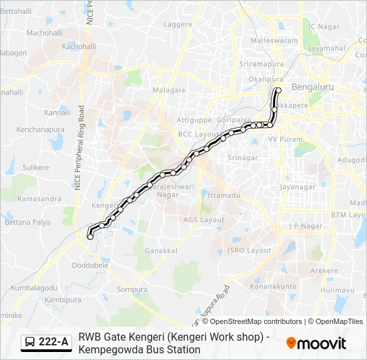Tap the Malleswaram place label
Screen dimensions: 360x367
click(x=274, y=41)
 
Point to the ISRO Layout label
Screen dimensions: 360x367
click(x=250, y=250)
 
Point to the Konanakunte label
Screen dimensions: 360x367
click(x=272, y=286)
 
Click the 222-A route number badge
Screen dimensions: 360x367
click(x=47, y=342)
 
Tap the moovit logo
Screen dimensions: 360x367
click(x=316, y=343)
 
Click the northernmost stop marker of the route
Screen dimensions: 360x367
click(x=278, y=90)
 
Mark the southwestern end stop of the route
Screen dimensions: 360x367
click(x=90, y=237)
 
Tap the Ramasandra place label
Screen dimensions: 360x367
click(x=39, y=199)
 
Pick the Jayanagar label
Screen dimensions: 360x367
click(x=297, y=187)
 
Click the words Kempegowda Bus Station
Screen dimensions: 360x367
click(x=139, y=349)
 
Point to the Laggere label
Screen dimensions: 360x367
click(x=178, y=25)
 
